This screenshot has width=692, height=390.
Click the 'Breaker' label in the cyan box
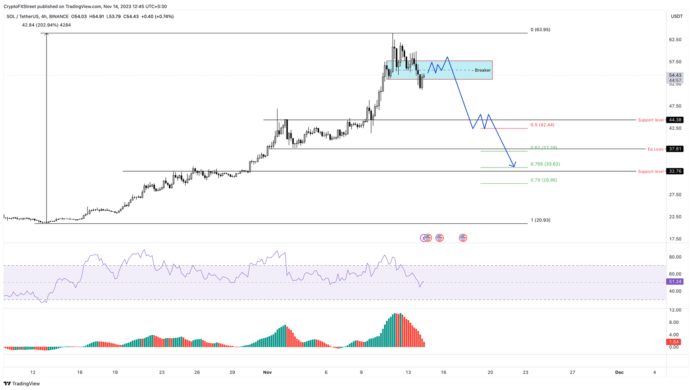tap(483, 70)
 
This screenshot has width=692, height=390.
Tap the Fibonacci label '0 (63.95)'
tap(540, 30)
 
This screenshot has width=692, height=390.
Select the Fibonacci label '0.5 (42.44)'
tap(542, 125)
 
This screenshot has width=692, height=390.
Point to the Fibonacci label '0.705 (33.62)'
tap(545, 164)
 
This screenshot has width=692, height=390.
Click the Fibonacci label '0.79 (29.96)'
tap(543, 180)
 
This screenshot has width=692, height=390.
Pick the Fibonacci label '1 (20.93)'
tap(540, 220)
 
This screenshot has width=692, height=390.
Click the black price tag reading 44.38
tap(675, 120)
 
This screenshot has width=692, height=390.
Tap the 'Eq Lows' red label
tap(656, 149)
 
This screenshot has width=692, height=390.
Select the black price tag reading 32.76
tap(675, 171)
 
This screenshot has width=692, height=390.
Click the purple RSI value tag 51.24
tap(675, 281)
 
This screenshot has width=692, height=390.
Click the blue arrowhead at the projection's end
tap(514, 166)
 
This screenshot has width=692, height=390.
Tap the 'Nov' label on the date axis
tap(268, 372)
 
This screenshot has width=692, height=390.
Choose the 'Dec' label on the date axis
tap(619, 372)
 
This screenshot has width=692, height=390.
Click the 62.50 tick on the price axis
tap(675, 40)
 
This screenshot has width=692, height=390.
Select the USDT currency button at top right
tap(677, 16)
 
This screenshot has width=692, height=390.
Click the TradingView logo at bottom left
tap(22, 384)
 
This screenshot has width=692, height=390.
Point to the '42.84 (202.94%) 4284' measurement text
tap(46, 25)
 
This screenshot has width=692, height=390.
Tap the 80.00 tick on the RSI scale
tap(675, 257)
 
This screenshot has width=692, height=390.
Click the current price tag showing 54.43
tap(675, 75)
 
